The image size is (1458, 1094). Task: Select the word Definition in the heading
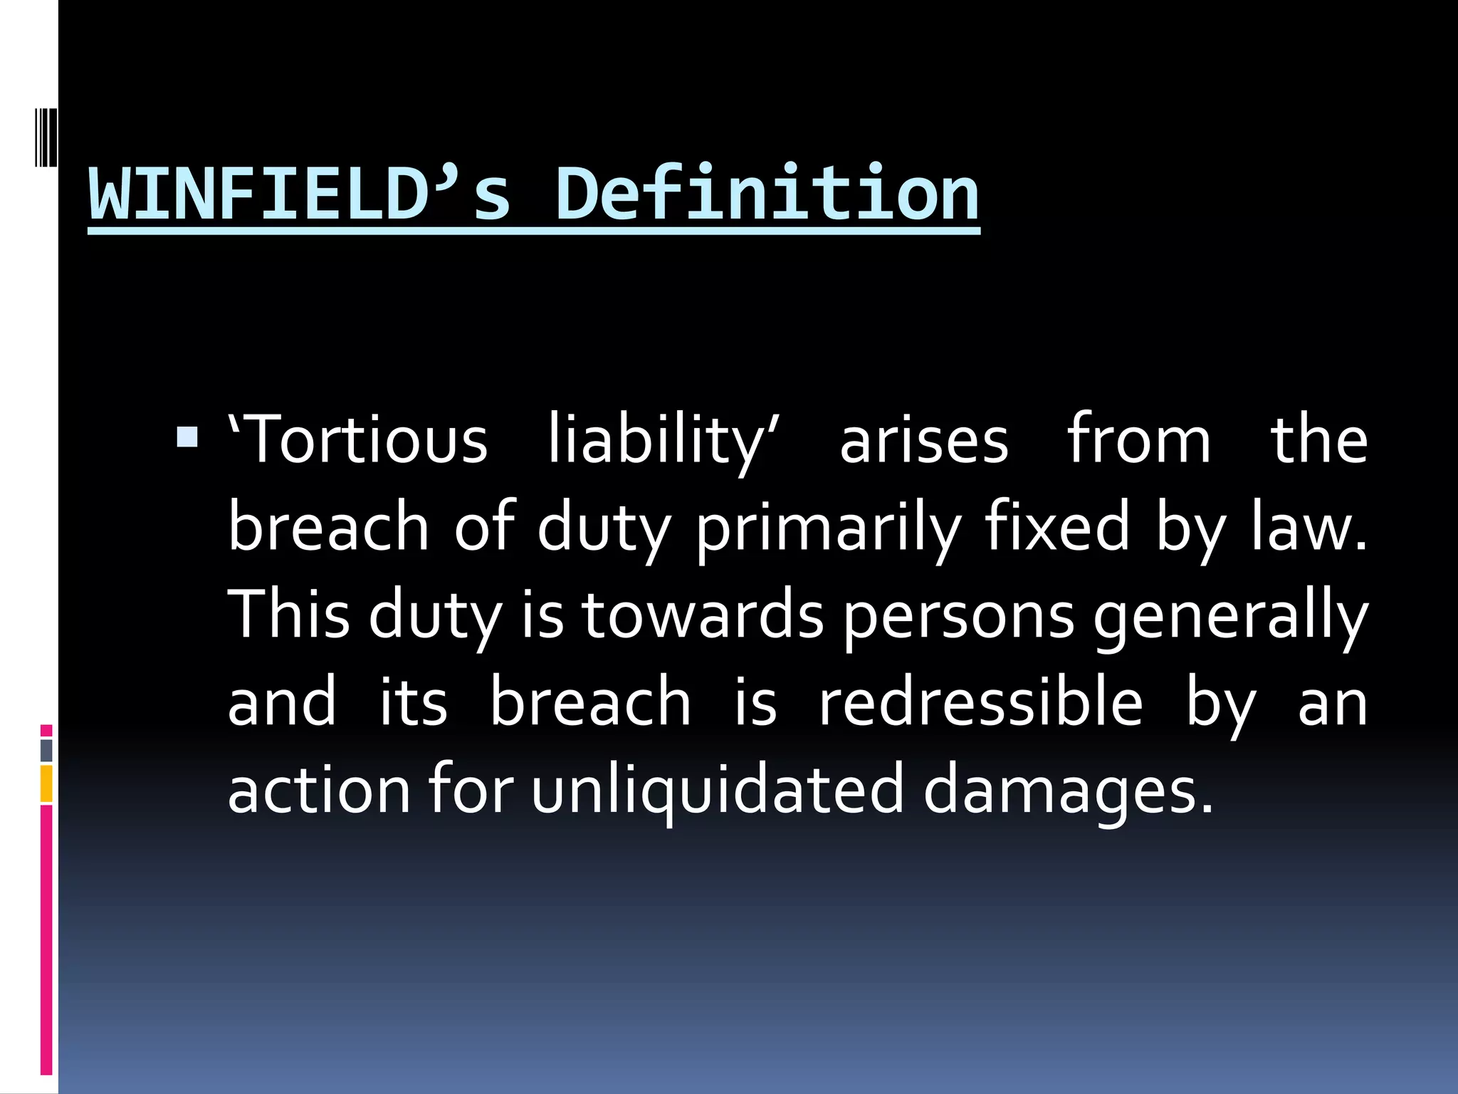[x=767, y=194]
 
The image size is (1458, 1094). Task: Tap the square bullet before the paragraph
[x=187, y=437]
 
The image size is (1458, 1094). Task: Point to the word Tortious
[x=359, y=440]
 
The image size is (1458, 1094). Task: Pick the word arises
[x=924, y=440]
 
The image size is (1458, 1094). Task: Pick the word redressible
[x=981, y=702]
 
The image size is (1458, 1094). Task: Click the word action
[x=319, y=789]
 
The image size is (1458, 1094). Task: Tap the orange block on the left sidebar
[x=46, y=783]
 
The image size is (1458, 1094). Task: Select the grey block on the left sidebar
[x=46, y=750]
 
